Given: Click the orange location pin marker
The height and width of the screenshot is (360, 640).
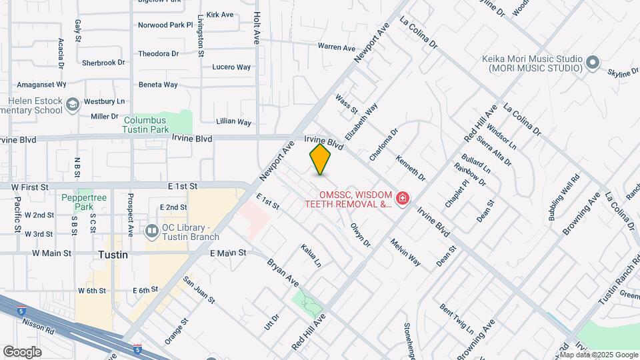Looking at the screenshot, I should (321, 159).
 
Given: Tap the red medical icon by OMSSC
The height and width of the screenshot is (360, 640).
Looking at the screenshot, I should (402, 198).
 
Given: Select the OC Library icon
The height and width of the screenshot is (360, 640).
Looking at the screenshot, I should (151, 228).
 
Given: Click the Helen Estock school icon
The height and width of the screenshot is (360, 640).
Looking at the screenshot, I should (73, 103).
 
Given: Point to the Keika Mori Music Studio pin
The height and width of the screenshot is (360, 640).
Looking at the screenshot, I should (593, 63).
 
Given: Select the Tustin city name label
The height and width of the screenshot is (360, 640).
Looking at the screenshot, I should (113, 255).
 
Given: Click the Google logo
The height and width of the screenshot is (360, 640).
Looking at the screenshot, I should (22, 351).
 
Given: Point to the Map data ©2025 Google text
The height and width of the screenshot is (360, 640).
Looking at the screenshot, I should (599, 355).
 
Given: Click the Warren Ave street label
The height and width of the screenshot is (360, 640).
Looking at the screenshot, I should (337, 47).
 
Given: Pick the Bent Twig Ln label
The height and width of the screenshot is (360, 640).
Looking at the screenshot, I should (456, 319).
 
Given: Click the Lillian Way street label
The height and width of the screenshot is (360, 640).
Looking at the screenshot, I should (234, 122).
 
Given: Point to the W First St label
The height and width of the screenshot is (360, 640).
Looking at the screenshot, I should (31, 187).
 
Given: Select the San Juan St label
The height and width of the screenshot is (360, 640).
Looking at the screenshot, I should (199, 291).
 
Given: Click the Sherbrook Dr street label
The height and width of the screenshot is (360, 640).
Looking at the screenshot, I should (103, 63).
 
